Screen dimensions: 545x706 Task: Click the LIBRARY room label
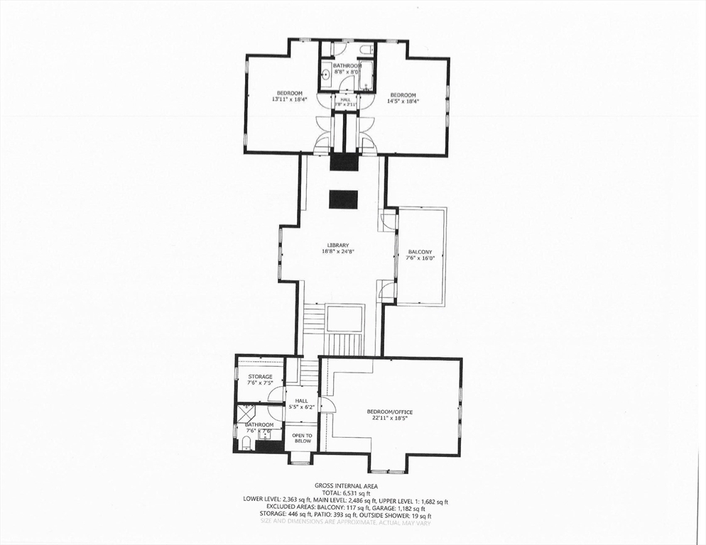click(338, 246)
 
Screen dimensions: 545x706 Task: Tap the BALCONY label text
click(420, 252)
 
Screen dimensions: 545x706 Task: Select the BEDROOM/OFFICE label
click(389, 412)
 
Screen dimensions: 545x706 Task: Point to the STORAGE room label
click(260, 377)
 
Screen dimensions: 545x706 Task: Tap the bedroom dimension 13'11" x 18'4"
click(289, 100)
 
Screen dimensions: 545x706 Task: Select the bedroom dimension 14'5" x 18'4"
click(403, 101)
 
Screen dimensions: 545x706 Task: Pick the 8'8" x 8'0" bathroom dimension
click(347, 72)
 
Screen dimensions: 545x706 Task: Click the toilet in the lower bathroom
click(246, 444)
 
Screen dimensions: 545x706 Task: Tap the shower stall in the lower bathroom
click(246, 414)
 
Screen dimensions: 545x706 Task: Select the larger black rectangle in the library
click(344, 199)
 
